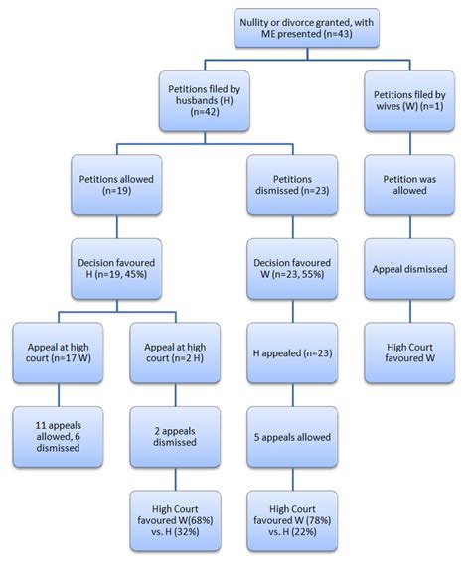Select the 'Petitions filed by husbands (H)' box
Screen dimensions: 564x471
(x=208, y=103)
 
